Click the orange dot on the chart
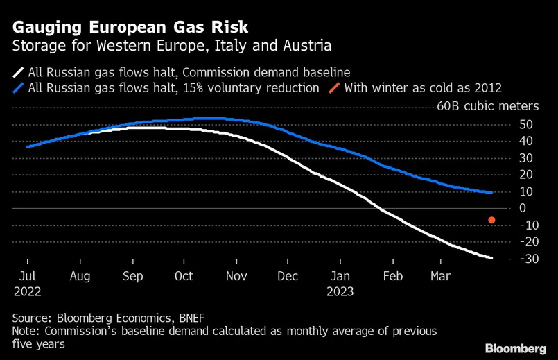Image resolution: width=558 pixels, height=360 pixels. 491,220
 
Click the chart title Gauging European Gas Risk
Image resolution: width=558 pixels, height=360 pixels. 130,28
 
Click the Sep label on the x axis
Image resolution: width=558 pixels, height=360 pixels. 132,275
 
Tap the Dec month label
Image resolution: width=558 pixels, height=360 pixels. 288,275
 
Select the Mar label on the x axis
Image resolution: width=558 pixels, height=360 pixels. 440,275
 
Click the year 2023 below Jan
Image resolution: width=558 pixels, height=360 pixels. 340,291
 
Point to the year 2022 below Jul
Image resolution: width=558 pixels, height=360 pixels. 27,291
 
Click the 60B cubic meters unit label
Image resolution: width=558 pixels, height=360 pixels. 487,106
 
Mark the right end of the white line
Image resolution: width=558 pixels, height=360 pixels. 492,258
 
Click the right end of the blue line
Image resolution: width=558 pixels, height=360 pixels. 492,192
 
